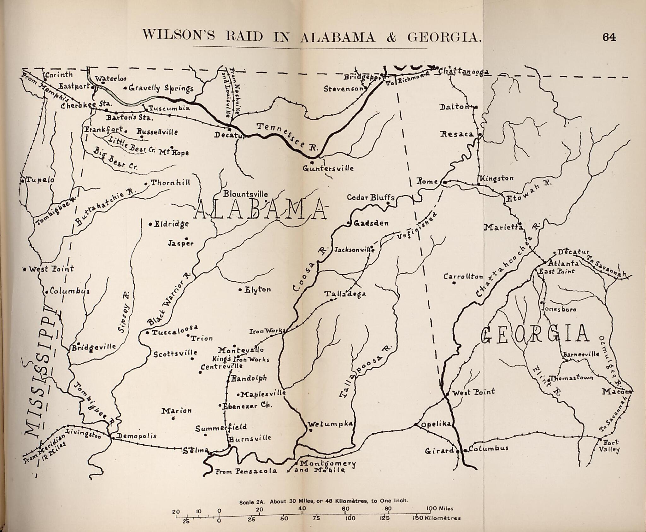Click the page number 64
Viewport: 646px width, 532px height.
click(609, 37)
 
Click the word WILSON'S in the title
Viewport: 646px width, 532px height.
click(178, 37)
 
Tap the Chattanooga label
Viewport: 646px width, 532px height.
click(463, 72)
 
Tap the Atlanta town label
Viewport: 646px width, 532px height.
click(563, 263)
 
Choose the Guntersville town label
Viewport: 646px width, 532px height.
click(328, 168)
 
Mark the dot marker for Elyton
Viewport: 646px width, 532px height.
click(240, 289)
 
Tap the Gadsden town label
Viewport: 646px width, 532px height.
click(371, 223)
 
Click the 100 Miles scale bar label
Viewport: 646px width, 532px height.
click(440, 508)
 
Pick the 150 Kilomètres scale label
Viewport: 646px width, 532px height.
click(437, 518)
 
